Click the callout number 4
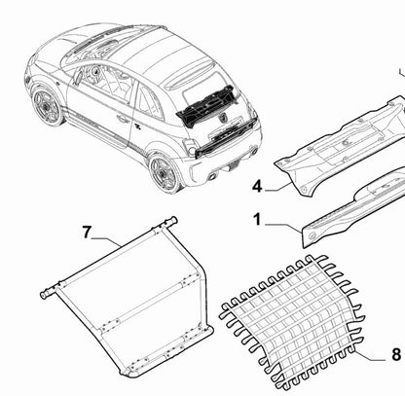(257, 187)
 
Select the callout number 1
(257, 220)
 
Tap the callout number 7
(87, 233)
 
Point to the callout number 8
(396, 354)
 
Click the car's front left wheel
(48, 106)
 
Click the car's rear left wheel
(165, 173)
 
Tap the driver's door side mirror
(78, 78)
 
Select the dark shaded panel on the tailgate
(206, 105)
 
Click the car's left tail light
(190, 147)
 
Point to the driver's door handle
(123, 120)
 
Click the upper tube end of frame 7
(173, 221)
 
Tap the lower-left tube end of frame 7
(44, 295)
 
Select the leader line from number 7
(106, 241)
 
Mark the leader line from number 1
(283, 227)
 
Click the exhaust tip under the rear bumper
(213, 176)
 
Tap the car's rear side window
(149, 101)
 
